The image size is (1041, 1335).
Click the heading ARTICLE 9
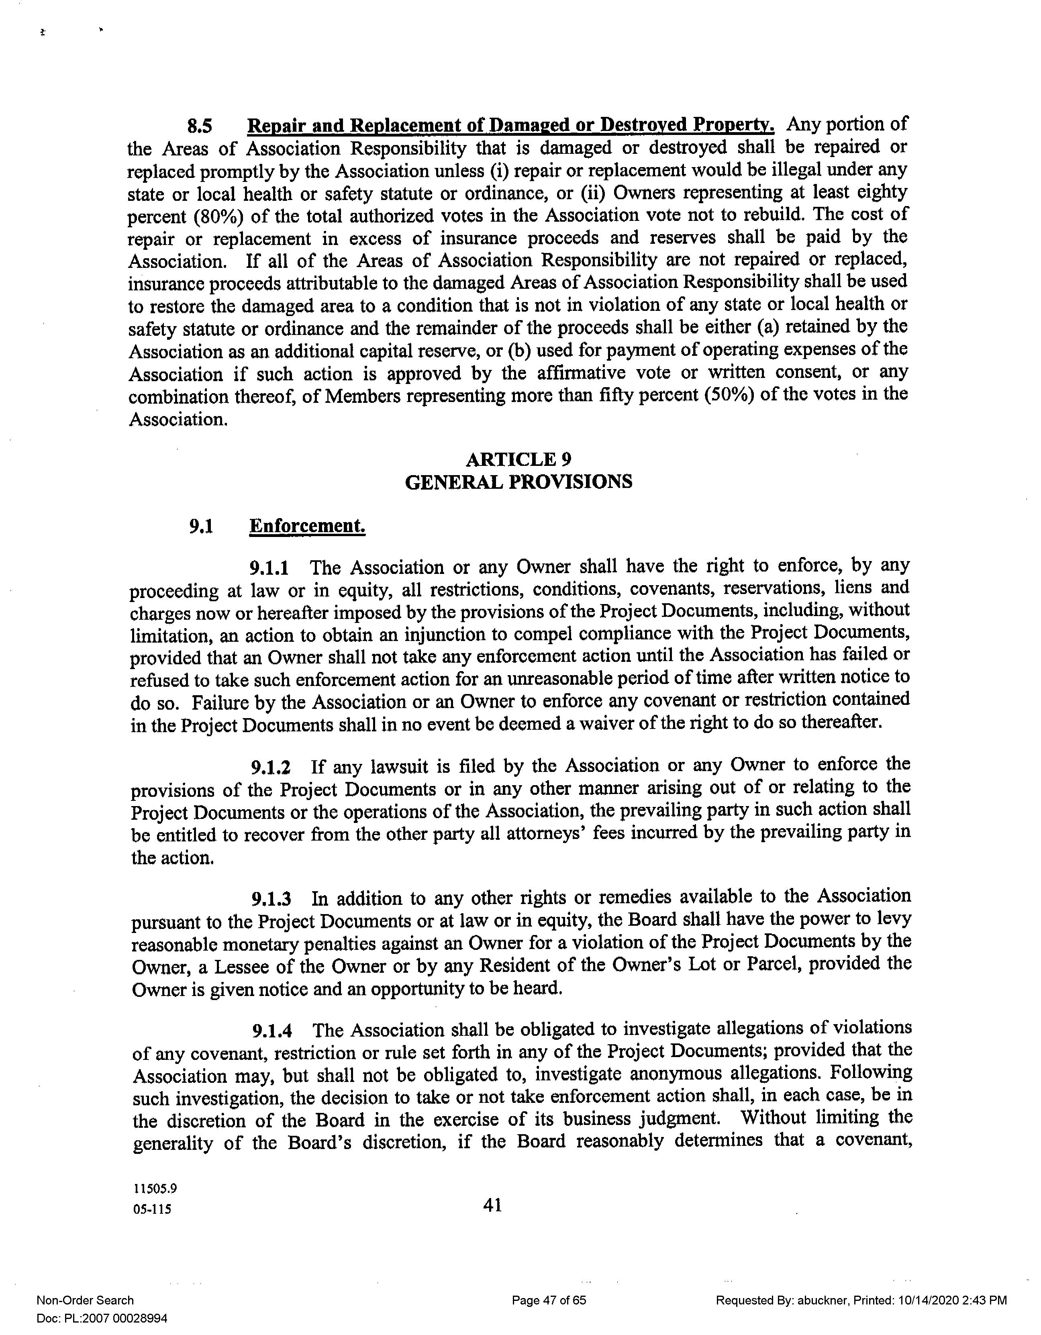[518, 459]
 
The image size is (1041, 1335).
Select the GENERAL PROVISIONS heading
[518, 482]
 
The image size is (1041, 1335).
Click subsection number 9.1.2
[270, 767]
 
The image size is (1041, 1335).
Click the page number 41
[493, 1205]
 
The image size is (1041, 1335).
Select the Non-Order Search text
[85, 1300]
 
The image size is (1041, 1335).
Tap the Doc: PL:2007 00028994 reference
[102, 1319]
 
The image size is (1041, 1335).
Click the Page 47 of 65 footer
[548, 1300]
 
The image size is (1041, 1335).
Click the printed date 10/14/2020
[925, 1300]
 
